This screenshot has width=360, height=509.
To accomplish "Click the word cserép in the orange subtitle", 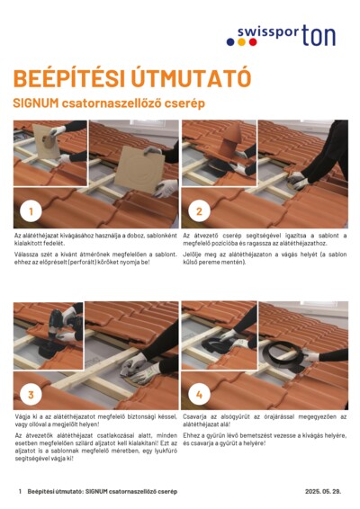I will [x=185, y=103].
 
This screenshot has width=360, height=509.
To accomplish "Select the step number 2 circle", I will [x=199, y=212].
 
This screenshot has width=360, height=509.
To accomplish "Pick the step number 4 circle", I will [x=199, y=393].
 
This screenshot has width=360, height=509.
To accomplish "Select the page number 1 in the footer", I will [x=20, y=492].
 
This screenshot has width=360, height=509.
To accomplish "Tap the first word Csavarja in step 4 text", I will [x=195, y=416].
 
